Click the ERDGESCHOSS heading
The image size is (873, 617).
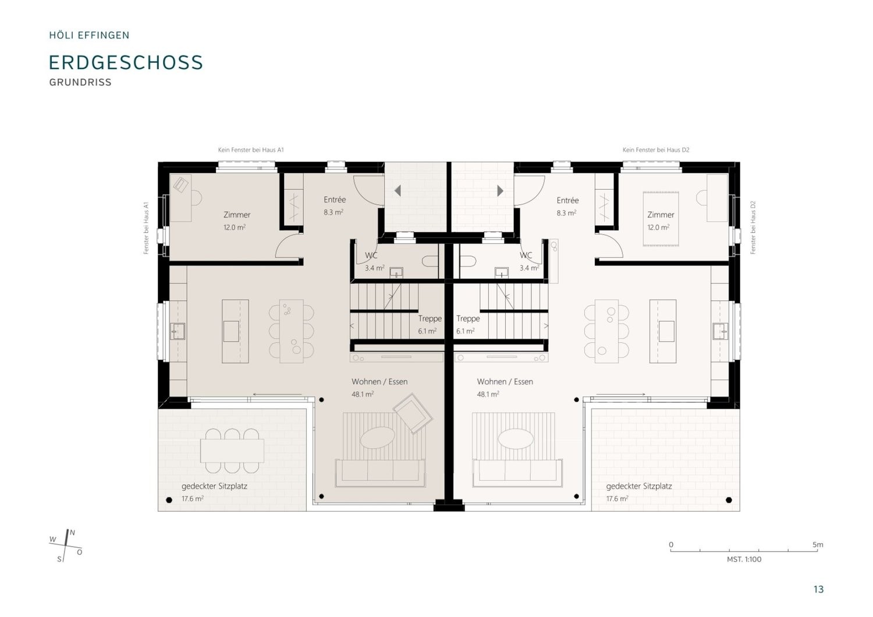pos(126,62)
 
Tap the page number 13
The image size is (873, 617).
pos(818,589)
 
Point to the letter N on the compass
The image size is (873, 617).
pos(73,533)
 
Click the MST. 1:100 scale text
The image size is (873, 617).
pos(744,559)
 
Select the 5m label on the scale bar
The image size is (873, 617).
pos(818,544)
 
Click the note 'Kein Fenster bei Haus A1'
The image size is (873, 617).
pos(251,150)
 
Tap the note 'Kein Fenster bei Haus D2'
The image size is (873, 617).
pos(656,150)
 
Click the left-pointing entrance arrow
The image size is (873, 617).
pos(398,191)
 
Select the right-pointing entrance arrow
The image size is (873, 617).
pos(501,191)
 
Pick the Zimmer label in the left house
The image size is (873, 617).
pos(237,215)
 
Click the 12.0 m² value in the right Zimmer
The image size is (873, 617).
pos(658,227)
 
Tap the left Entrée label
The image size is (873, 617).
pos(335,200)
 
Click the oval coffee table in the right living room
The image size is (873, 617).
pos(516,439)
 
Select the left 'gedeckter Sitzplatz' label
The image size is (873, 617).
pos(214,487)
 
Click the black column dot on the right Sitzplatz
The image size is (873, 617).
pos(729,500)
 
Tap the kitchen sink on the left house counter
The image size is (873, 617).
pos(178,331)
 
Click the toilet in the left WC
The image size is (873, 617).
pos(431,261)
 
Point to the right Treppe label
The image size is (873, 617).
pos(468,318)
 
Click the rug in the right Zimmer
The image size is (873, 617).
pos(661,219)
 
